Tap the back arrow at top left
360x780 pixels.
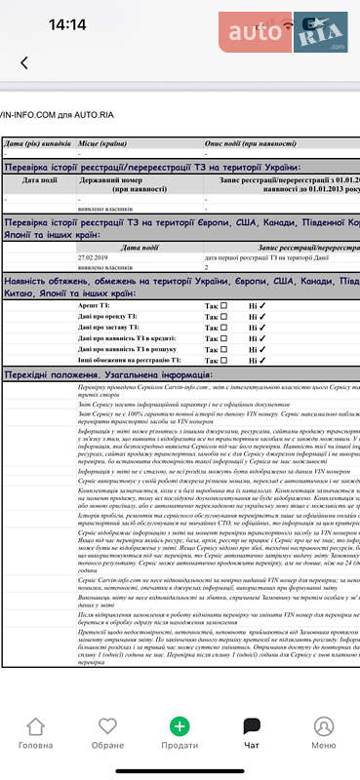tap(23, 63)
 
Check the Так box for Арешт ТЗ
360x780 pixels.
tap(223, 306)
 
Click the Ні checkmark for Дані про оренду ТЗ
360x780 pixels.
tap(261, 320)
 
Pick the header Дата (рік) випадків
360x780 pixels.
tap(34, 143)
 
